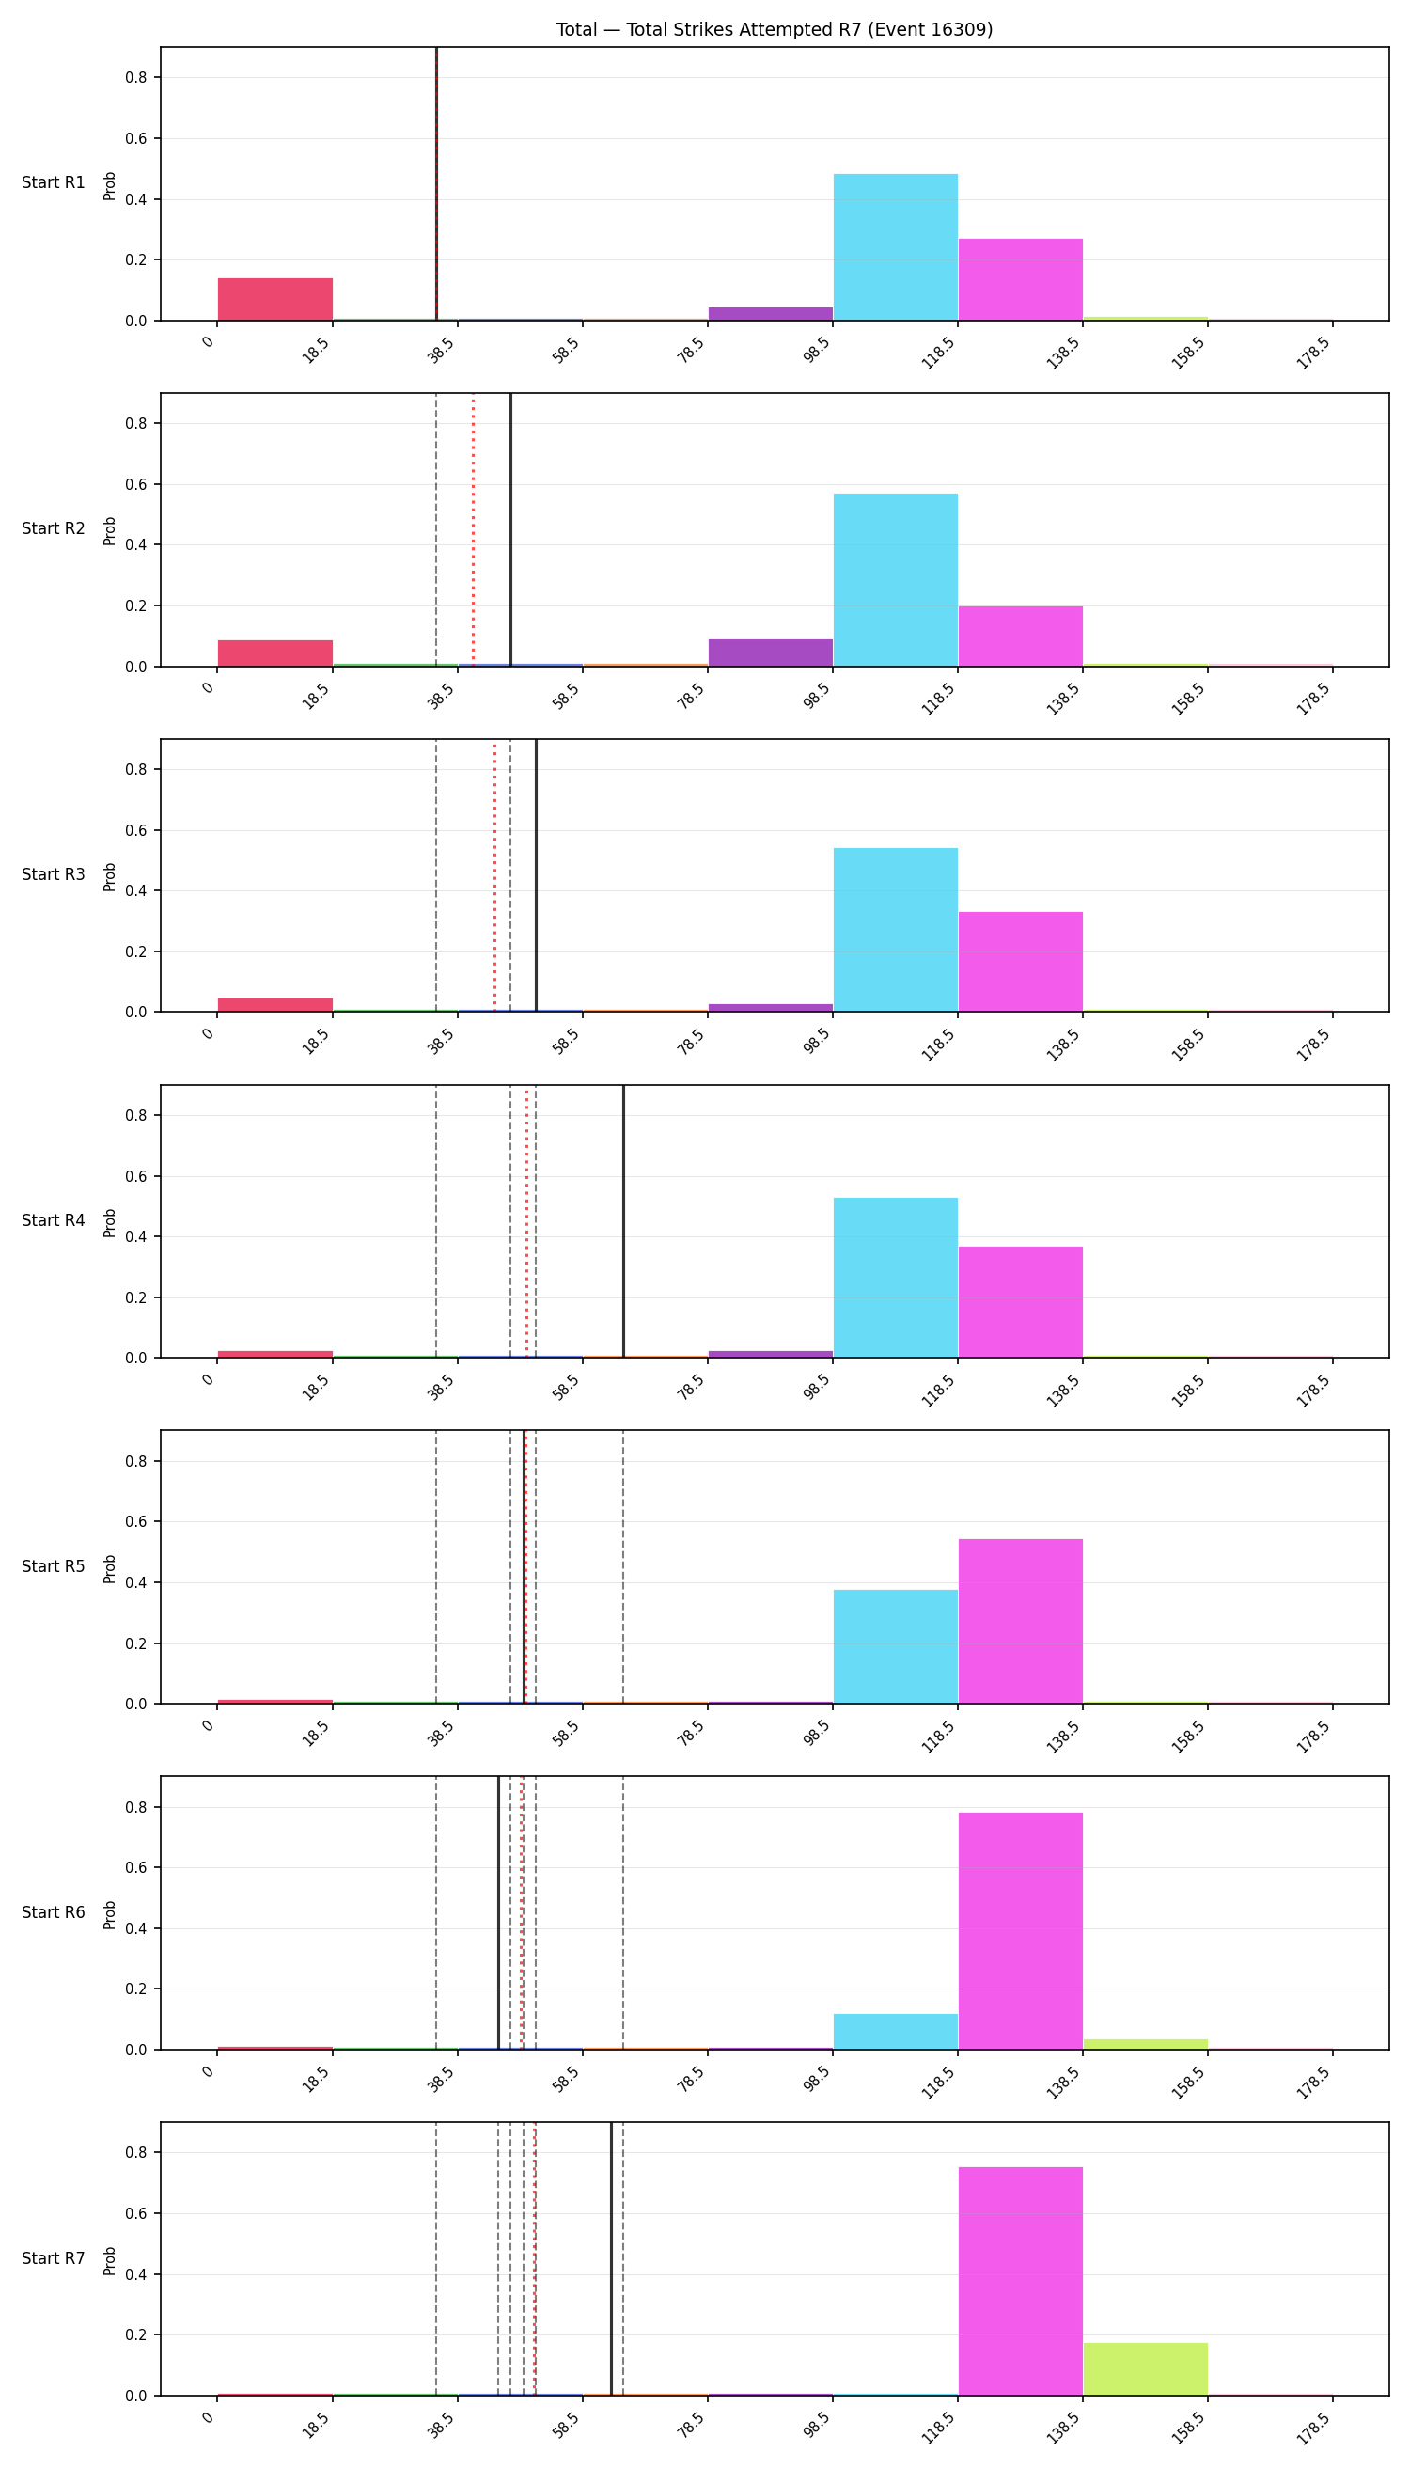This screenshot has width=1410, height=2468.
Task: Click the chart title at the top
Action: (774, 30)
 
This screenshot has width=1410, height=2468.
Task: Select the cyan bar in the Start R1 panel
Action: (896, 247)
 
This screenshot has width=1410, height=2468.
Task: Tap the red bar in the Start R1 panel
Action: (275, 299)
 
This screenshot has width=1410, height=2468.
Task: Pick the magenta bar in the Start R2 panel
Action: (1021, 637)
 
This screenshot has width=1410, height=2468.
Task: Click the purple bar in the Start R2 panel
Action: (771, 652)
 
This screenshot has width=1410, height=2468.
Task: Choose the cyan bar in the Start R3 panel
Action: (896, 930)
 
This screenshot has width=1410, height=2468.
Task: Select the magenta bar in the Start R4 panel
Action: (1021, 1302)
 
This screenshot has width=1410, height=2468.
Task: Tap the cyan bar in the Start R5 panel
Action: (896, 1646)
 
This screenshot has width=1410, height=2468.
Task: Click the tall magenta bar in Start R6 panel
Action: (1021, 1931)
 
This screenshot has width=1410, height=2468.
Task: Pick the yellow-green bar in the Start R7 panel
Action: (1146, 2369)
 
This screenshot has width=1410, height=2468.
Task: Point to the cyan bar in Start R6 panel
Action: (896, 2032)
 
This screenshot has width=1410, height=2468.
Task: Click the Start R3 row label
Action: (54, 874)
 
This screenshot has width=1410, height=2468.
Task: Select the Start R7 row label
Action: (54, 2257)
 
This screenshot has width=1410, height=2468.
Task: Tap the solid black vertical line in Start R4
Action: (623, 1221)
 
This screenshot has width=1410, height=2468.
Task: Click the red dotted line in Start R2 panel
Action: (473, 530)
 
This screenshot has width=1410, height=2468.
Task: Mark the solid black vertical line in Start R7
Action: (611, 2258)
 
